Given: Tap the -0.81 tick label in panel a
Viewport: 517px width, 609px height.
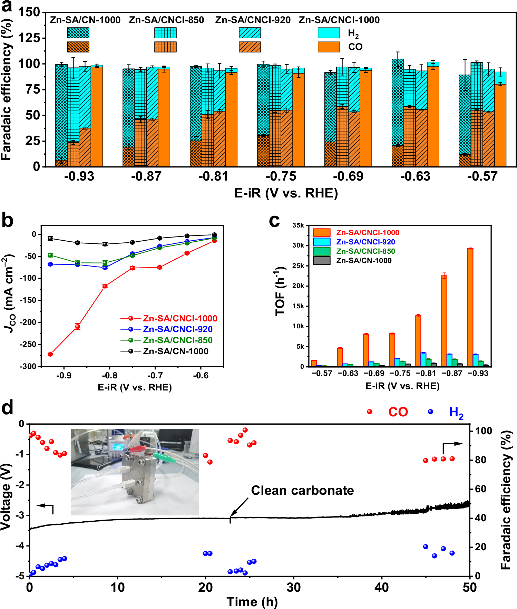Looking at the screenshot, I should click(x=213, y=177).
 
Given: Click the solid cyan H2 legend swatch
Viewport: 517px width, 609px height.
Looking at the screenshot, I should click(x=329, y=33).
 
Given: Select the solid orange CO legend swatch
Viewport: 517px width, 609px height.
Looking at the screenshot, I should click(x=329, y=47).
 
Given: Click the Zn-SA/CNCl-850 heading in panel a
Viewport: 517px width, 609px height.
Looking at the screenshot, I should click(x=166, y=20).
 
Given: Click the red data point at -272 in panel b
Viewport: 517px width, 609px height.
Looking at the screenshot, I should click(x=50, y=354).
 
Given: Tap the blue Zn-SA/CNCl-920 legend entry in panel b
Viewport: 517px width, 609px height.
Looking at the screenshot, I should click(x=177, y=329).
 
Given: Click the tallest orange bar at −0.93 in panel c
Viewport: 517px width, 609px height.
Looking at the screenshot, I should click(x=470, y=307).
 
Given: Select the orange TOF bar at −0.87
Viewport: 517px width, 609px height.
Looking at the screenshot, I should click(x=444, y=321).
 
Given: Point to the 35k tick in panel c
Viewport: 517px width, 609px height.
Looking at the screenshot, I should click(x=298, y=225).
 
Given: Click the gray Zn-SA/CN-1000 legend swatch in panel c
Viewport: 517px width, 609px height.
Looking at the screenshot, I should click(x=321, y=261).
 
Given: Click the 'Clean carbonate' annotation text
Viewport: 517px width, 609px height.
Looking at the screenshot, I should click(x=302, y=490).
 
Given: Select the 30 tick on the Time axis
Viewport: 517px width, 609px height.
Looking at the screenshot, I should click(x=294, y=587).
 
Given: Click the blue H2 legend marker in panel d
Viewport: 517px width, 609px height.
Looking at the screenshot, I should click(x=430, y=412).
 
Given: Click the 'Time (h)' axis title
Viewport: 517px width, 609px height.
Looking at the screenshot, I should click(x=252, y=602).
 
